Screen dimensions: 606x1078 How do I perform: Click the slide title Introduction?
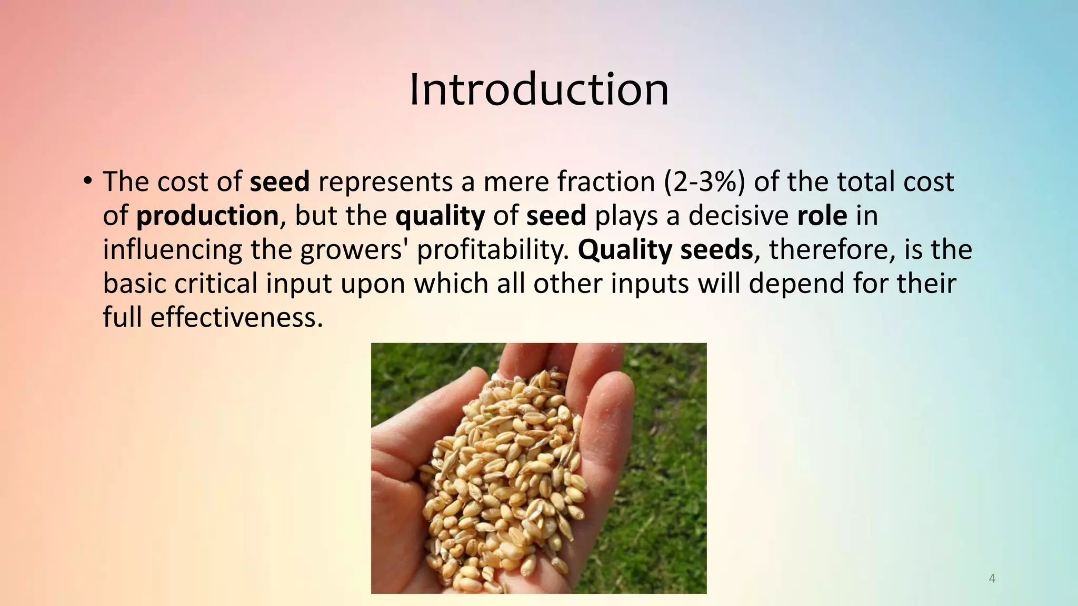(x=538, y=89)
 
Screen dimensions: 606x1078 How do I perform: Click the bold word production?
(x=207, y=216)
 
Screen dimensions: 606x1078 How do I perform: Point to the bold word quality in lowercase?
(x=440, y=216)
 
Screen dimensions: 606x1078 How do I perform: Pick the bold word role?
(x=822, y=216)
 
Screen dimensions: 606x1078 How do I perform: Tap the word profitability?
(x=493, y=250)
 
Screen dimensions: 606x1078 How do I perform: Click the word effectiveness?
(x=236, y=317)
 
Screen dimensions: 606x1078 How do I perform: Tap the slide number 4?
(x=992, y=579)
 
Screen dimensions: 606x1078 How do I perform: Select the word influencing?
(x=172, y=250)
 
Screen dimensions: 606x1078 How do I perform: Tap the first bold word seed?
(x=280, y=182)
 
